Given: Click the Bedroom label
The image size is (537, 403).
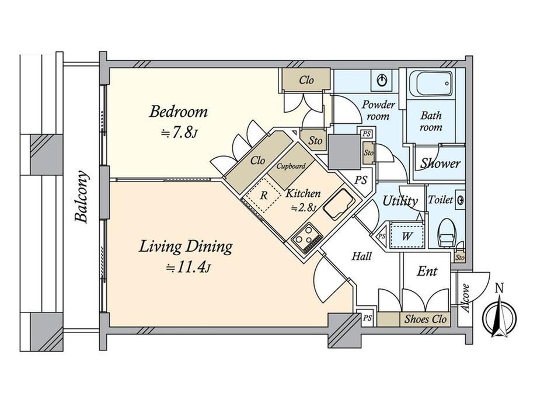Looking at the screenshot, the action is pyautogui.click(x=179, y=112).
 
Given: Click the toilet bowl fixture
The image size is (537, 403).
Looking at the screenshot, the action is pyautogui.click(x=447, y=233).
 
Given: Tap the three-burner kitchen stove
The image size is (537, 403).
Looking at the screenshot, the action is pyautogui.click(x=306, y=238).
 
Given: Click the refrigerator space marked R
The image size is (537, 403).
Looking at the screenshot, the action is pyautogui.click(x=263, y=196).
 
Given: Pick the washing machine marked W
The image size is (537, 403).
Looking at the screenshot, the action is pyautogui.click(x=407, y=235).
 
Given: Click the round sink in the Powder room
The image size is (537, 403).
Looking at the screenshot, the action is pyautogui.click(x=382, y=81).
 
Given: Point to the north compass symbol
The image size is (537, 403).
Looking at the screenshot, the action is pyautogui.click(x=499, y=315).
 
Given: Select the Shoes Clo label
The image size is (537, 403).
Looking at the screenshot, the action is pyautogui.click(x=426, y=319).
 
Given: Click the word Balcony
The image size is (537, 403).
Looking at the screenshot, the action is pyautogui.click(x=82, y=196).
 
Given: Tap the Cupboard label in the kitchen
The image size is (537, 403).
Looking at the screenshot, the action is pyautogui.click(x=291, y=166).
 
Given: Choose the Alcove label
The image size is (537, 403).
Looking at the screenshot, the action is pyautogui.click(x=465, y=298).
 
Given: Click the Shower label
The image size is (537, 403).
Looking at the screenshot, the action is pyautogui.click(x=441, y=163).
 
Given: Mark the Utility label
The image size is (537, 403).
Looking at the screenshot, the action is pyautogui.click(x=400, y=201).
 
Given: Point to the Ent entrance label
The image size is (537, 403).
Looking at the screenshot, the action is pyautogui.click(x=427, y=271).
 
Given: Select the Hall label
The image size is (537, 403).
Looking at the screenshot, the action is pyautogui.click(x=362, y=256).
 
